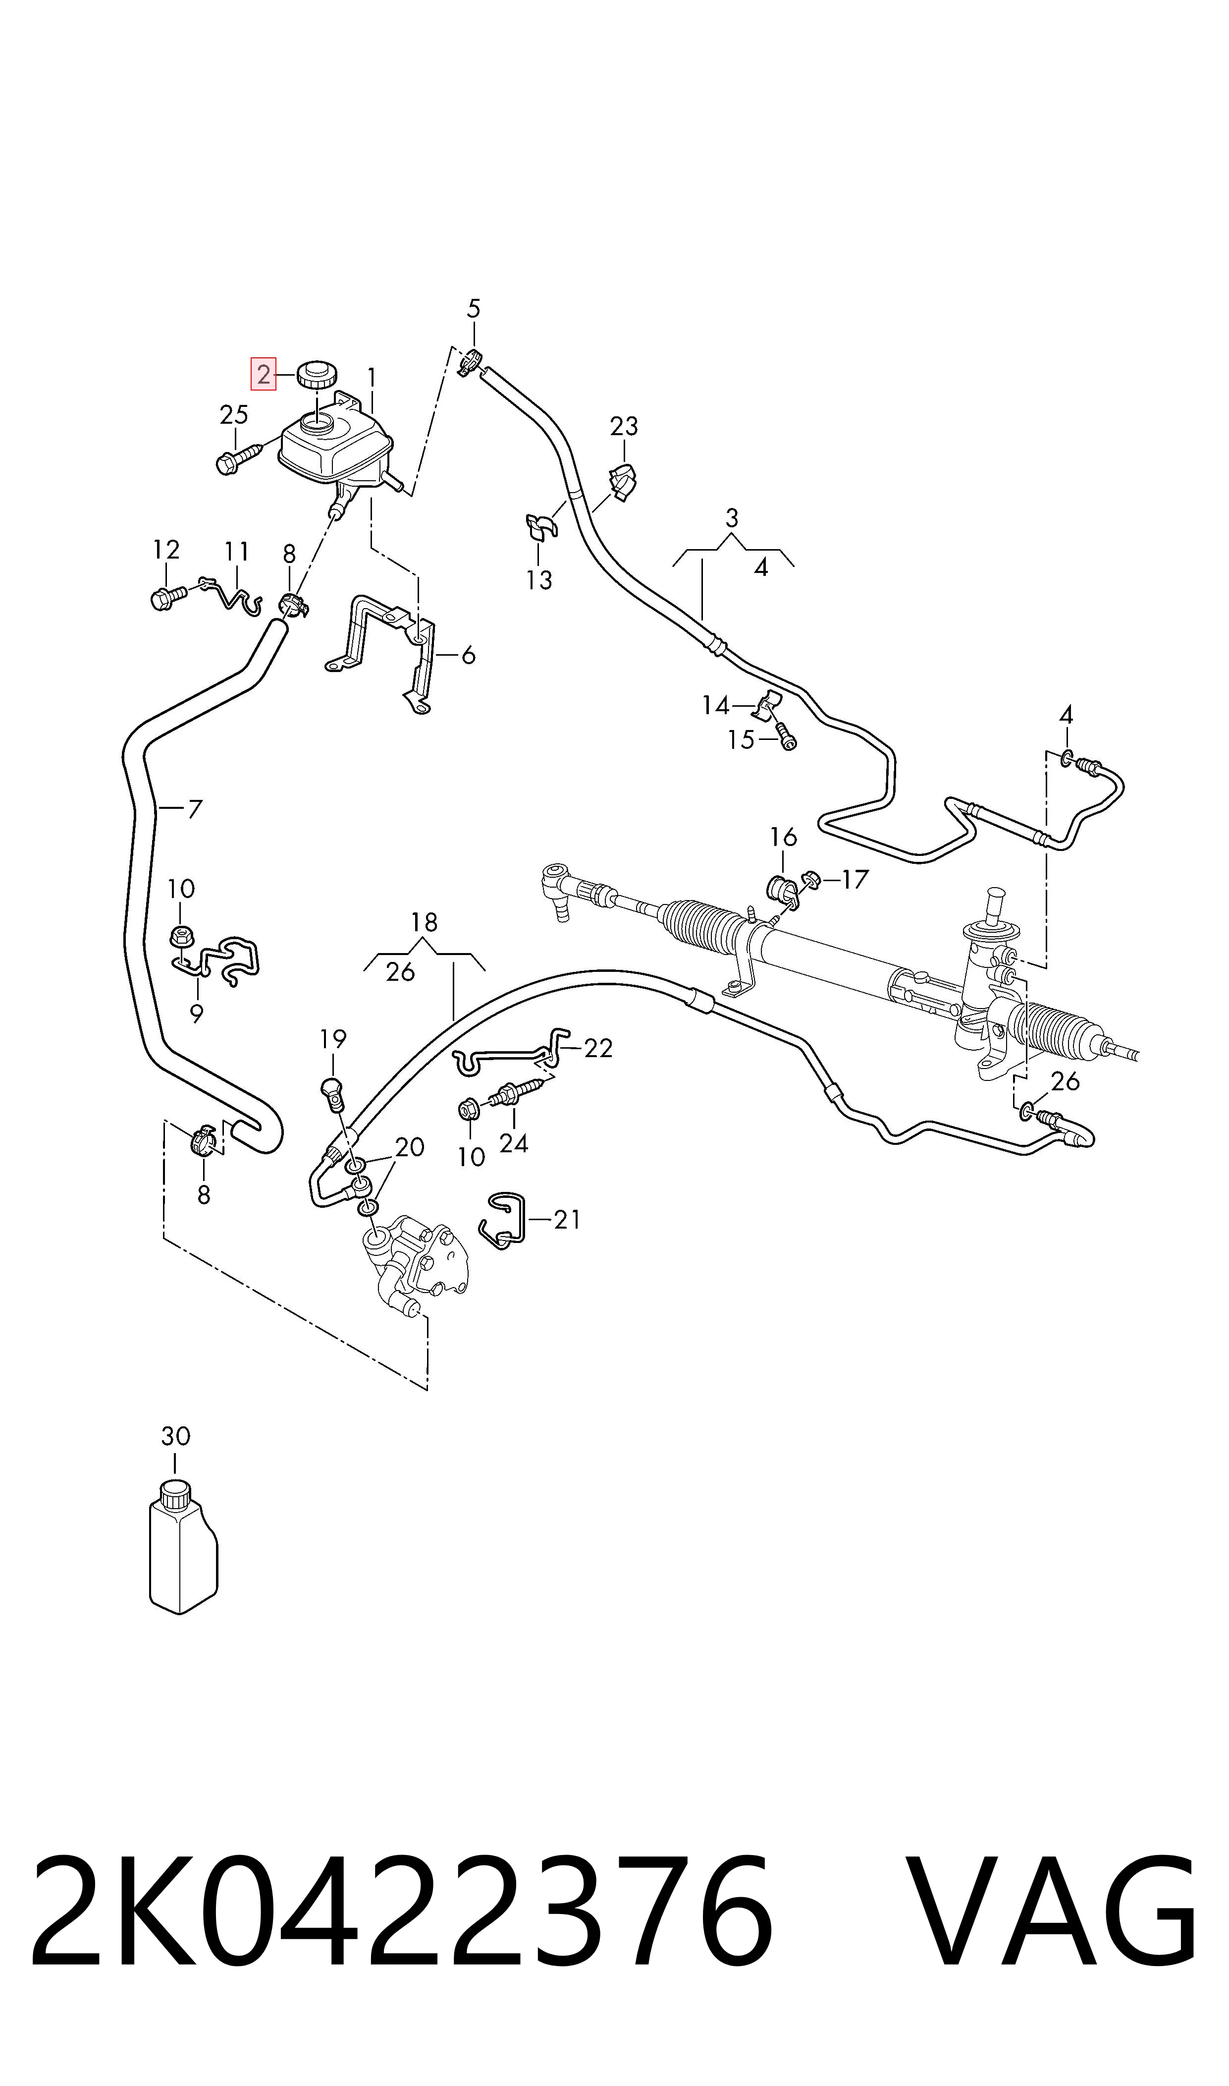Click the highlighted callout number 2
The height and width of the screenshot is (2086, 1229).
coord(264,375)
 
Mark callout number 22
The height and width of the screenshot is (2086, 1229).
coord(598,1049)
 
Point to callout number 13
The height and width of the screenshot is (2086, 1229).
coord(539,580)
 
